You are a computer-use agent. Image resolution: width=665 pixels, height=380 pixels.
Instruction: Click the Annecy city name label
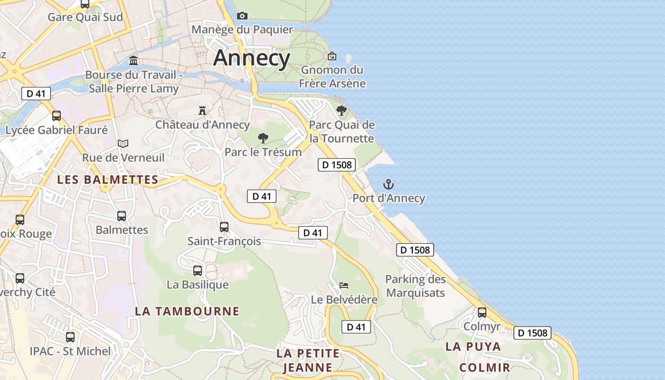pyautogui.click(x=251, y=58)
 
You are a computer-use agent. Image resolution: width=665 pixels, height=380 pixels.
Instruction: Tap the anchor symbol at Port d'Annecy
pyautogui.click(x=389, y=184)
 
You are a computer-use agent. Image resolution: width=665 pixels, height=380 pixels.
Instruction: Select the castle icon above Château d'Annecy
pyautogui.click(x=202, y=111)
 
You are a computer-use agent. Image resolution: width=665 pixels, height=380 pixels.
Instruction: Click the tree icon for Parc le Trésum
pyautogui.click(x=263, y=138)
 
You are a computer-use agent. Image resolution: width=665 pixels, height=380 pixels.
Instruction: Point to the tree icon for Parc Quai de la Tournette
pyautogui.click(x=341, y=111)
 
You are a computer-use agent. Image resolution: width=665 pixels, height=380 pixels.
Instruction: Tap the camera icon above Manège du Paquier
pyautogui.click(x=242, y=16)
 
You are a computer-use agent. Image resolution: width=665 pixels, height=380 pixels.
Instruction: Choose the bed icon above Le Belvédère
pyautogui.click(x=344, y=285)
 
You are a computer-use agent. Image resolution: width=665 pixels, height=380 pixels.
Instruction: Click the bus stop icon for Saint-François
pyautogui.click(x=224, y=227)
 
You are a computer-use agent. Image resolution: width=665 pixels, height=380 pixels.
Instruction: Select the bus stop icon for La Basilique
pyautogui.click(x=198, y=271)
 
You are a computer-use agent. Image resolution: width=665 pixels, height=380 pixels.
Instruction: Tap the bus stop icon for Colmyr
pyautogui.click(x=482, y=313)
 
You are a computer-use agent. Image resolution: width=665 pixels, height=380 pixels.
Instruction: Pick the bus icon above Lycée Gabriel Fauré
pyautogui.click(x=57, y=116)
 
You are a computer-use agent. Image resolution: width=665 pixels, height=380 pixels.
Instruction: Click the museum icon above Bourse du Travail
pyautogui.click(x=133, y=61)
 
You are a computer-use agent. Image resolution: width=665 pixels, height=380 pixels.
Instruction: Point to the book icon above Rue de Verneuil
pyautogui.click(x=123, y=143)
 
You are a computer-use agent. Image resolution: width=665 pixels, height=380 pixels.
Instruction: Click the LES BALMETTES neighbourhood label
pyautogui.click(x=107, y=180)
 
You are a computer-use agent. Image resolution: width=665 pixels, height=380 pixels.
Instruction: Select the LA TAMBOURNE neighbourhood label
pyautogui.click(x=187, y=311)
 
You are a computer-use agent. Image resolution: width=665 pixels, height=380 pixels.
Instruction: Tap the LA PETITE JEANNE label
pyautogui.click(x=308, y=360)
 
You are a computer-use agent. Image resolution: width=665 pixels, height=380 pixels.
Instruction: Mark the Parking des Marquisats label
pyautogui.click(x=415, y=286)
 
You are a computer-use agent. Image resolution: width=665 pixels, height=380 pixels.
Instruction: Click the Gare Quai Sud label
pyautogui.click(x=85, y=17)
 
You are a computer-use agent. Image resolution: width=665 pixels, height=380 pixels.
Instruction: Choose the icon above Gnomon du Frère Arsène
pyautogui.click(x=332, y=56)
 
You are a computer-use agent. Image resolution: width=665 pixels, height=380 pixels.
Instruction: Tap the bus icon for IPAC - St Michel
pyautogui.click(x=70, y=337)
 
